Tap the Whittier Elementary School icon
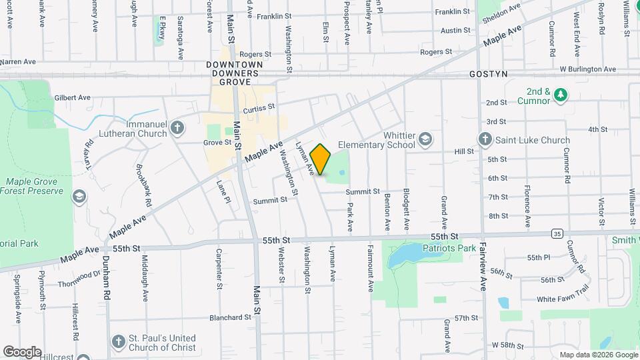(425, 140)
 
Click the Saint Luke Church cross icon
(485, 140)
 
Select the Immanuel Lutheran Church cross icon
(177, 127)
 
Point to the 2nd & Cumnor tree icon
(561, 95)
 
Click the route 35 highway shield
(556, 233)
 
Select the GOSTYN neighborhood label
(489, 73)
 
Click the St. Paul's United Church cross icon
(119, 341)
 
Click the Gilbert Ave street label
(73, 97)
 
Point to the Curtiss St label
(259, 108)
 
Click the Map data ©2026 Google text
(597, 355)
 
